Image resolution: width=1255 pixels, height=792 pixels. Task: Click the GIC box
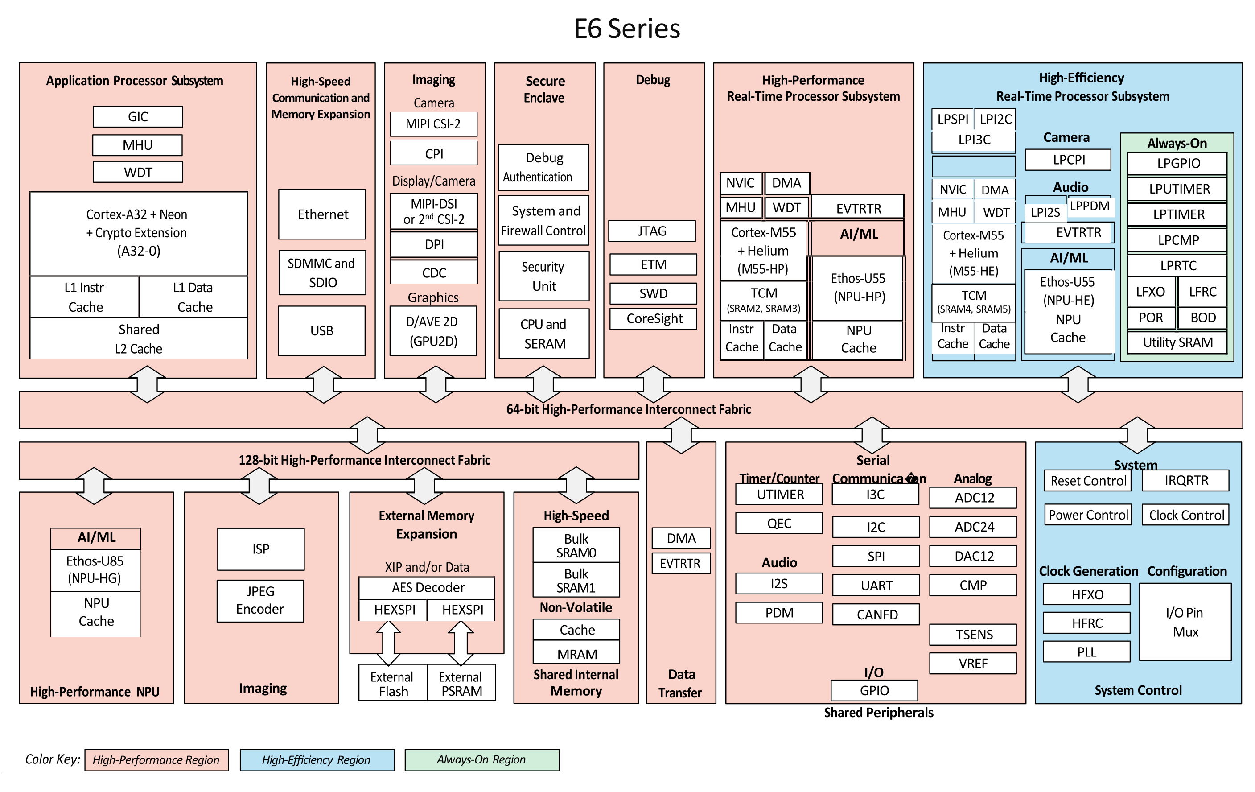click(138, 117)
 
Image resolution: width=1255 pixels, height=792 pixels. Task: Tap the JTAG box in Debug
click(652, 231)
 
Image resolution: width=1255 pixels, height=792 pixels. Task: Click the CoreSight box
click(654, 318)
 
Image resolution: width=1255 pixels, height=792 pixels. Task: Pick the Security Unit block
click(544, 276)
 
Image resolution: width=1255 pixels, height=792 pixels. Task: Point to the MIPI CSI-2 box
click(434, 124)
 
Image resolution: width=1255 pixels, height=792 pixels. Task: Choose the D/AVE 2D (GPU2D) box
click(433, 331)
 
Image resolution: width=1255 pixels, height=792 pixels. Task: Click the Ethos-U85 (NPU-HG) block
click(95, 570)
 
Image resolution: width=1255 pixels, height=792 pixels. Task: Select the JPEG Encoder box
click(260, 601)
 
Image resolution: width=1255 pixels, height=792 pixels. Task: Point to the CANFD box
click(876, 615)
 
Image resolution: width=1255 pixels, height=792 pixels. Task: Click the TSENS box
click(973, 635)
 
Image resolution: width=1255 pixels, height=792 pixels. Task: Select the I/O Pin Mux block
click(1185, 622)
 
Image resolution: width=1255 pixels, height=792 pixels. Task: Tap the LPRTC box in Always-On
click(1177, 265)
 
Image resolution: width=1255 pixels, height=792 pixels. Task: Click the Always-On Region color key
click(482, 760)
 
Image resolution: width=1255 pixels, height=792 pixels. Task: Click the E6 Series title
click(627, 29)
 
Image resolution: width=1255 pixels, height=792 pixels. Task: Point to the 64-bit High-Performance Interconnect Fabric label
click(629, 409)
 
